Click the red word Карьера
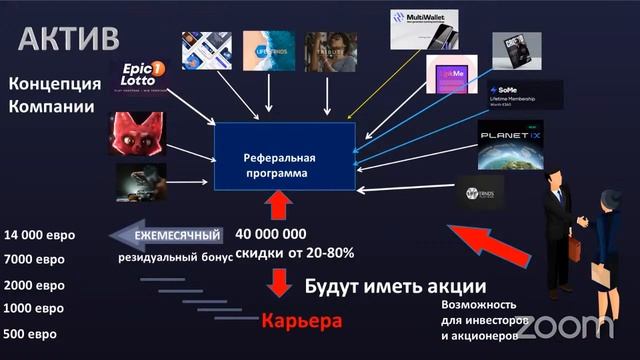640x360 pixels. click(302, 322)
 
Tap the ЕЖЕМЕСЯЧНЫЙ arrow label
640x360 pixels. click(164, 236)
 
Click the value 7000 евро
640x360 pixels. click(34, 260)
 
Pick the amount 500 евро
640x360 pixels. click(30, 333)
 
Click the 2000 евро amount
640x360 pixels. click(34, 285)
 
